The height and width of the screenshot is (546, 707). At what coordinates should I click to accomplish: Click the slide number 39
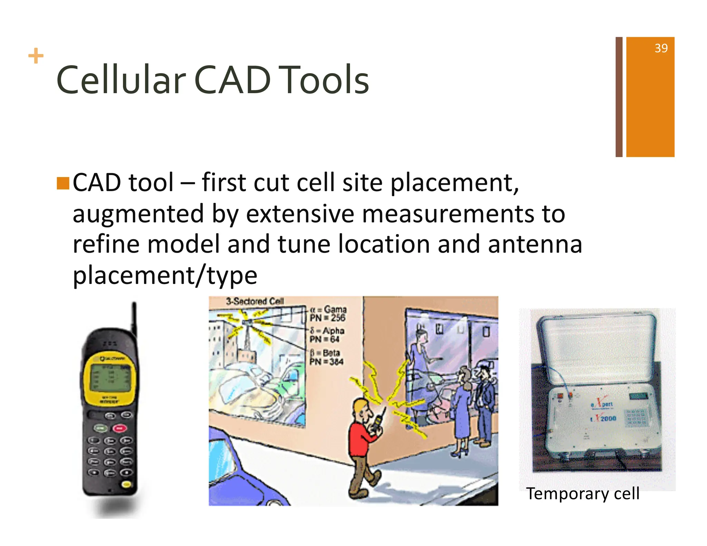point(661,48)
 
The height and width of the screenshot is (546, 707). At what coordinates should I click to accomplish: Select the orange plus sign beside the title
point(36,56)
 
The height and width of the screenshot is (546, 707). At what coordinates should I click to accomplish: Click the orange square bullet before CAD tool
point(63,183)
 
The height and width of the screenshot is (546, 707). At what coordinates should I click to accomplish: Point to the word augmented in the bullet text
point(138,214)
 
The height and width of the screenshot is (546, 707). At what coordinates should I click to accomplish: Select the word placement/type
point(165,276)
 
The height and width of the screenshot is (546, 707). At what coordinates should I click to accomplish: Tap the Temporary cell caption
point(582,494)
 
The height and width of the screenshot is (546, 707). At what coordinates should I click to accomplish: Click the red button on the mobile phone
point(119,428)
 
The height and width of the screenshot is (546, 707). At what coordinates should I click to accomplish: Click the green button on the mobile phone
point(101,428)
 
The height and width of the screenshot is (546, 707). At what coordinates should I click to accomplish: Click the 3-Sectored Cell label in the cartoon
point(255,301)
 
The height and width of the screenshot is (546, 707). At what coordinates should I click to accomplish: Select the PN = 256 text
point(327,318)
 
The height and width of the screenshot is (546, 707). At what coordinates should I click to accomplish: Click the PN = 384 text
point(326,362)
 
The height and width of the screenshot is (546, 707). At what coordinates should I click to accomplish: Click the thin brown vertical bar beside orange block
point(619,97)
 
